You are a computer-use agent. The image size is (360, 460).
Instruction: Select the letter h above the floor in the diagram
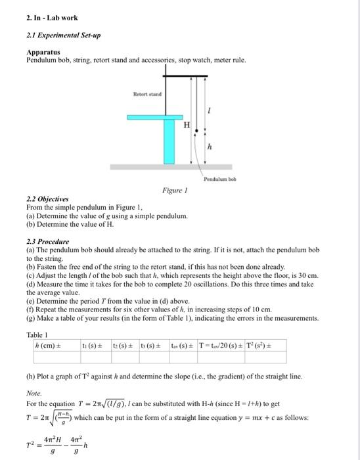[x=209, y=147]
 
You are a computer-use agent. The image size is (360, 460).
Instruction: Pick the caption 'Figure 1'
[x=175, y=191]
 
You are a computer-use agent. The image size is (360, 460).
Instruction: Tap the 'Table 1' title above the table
[x=37, y=334]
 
